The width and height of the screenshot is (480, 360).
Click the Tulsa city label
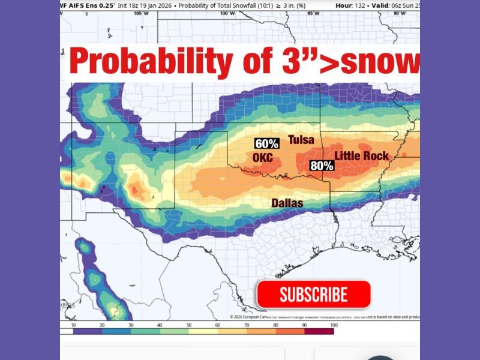(301, 140)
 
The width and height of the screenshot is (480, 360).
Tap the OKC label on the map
(263, 157)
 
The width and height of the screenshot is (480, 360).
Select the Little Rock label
(361, 156)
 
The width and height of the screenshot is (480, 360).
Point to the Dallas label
(287, 203)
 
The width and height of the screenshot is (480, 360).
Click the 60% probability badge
(266, 144)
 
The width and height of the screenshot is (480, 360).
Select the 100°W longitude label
(227, 13)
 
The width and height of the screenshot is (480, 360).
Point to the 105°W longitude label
(142, 13)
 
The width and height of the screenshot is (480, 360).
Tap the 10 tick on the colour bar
(73, 325)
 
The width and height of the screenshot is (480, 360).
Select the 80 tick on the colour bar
(275, 325)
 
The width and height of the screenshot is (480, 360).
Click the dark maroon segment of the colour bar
(318, 331)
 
